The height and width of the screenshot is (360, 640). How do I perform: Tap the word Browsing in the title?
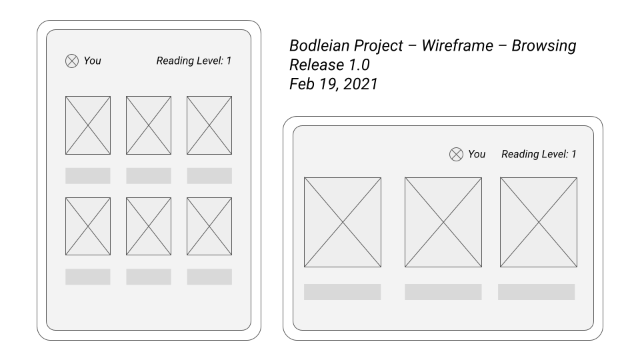(544, 46)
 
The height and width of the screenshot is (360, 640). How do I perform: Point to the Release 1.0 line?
(329, 65)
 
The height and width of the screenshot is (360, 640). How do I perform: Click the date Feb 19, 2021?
(333, 85)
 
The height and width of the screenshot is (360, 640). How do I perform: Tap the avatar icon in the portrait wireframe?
(72, 61)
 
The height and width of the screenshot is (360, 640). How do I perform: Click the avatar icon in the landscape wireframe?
(456, 155)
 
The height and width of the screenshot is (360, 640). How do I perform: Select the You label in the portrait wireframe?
(93, 61)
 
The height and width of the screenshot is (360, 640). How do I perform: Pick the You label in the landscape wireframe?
(477, 155)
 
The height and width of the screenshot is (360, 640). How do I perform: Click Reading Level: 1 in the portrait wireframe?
(194, 61)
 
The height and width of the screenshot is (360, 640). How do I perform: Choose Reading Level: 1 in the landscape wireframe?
(539, 155)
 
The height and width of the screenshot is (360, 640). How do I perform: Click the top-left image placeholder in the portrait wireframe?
(88, 125)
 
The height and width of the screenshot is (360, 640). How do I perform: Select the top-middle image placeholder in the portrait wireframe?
(149, 125)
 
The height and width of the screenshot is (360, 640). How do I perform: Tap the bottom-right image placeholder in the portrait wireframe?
(209, 226)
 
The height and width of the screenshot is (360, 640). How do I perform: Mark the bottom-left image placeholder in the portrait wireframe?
(88, 226)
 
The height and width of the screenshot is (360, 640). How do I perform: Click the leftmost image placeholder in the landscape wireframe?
(343, 222)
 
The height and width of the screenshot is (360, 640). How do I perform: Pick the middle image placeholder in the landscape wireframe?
(443, 222)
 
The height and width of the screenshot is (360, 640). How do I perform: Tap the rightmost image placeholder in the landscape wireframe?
(539, 222)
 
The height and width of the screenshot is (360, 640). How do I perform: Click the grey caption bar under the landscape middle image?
(443, 292)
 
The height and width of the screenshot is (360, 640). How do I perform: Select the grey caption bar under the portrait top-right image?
(209, 176)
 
